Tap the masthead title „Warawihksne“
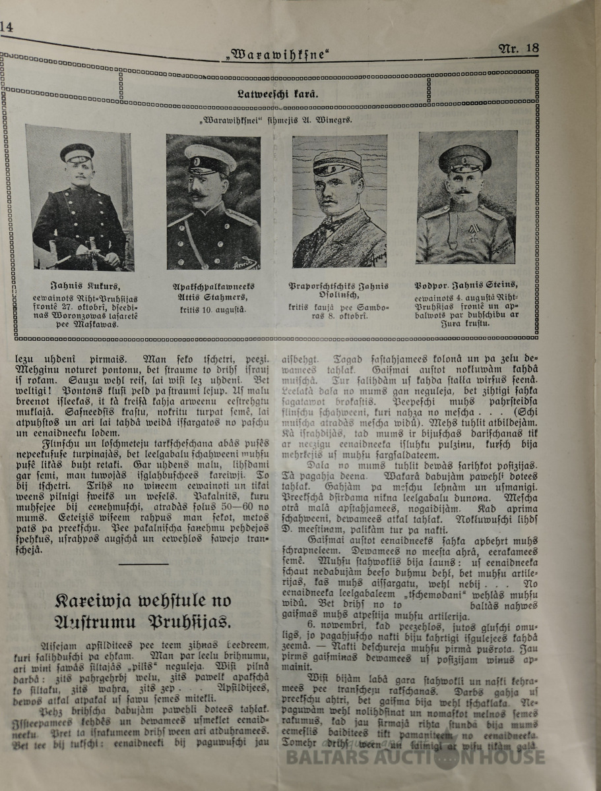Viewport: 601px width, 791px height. pyautogui.click(x=277, y=55)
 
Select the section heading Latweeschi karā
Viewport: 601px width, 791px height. pyautogui.click(x=277, y=94)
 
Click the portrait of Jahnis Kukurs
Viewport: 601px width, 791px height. pyautogui.click(x=79, y=198)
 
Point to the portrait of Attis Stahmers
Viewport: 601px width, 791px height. pyautogui.click(x=212, y=202)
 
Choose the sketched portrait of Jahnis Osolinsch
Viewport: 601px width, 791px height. pyautogui.click(x=339, y=201)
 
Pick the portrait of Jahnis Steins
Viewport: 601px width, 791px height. pyautogui.click(x=467, y=198)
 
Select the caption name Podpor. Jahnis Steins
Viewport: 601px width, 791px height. pyautogui.click(x=466, y=285)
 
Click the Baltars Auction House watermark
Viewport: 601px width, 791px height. pyautogui.click(x=416, y=756)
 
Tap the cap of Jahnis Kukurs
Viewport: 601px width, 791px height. pyautogui.click(x=77, y=152)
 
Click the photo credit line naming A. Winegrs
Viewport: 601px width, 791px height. pyautogui.click(x=277, y=121)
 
